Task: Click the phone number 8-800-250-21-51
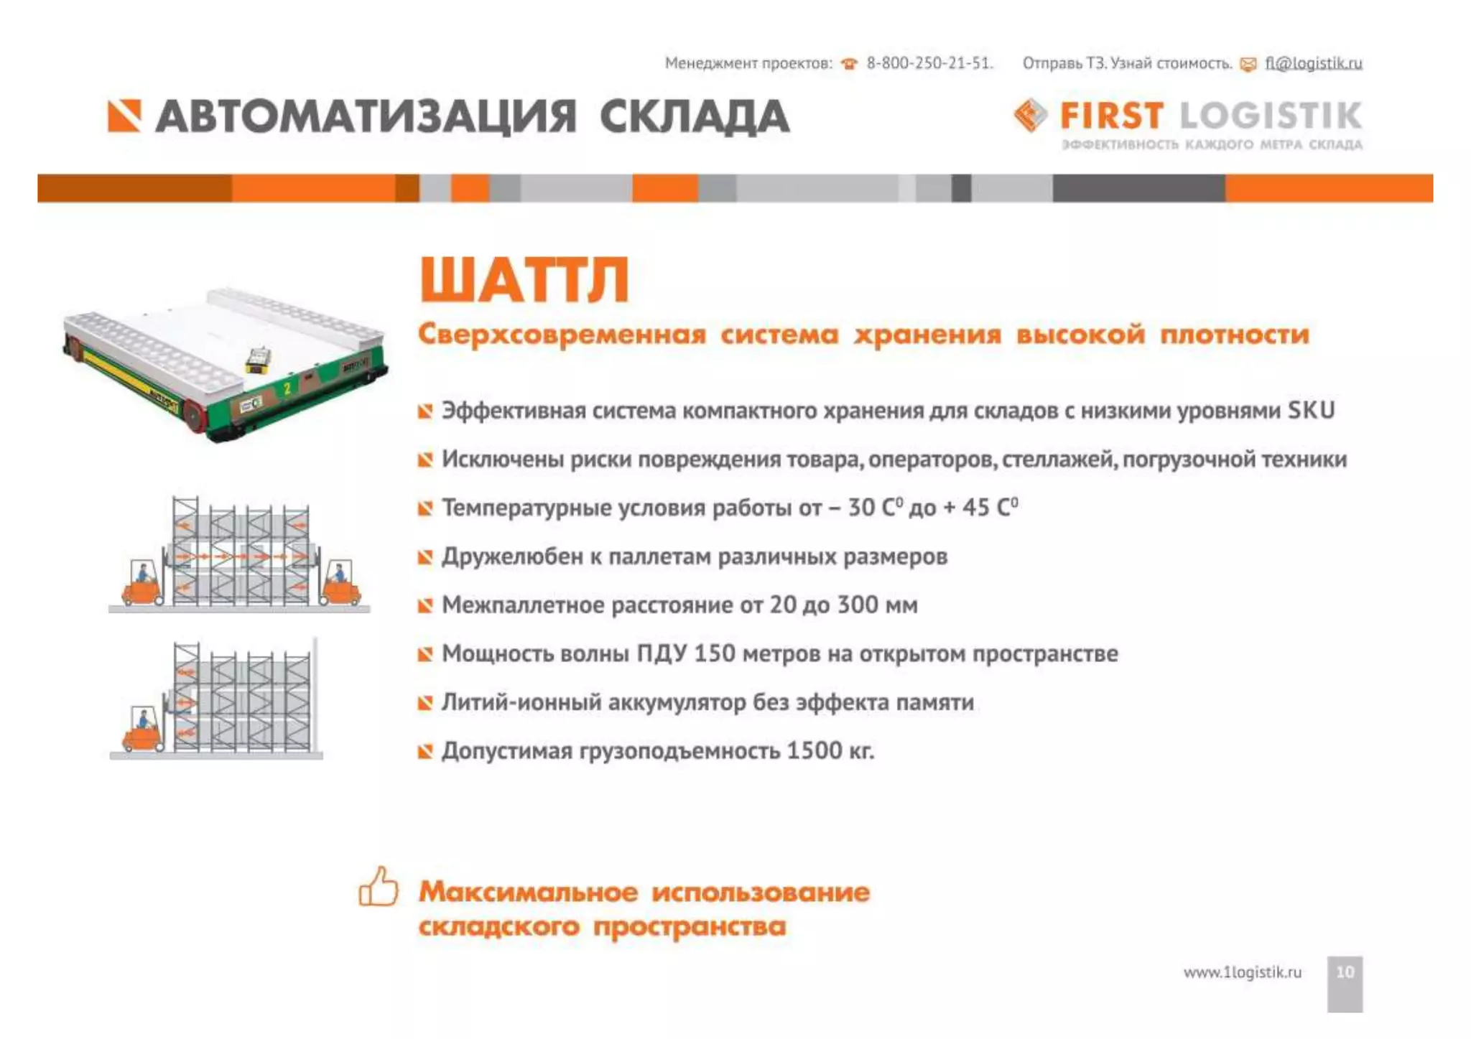coord(928,63)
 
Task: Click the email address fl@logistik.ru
coord(1313,63)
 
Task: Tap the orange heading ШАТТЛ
coord(524,280)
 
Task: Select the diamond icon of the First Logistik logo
coord(1030,116)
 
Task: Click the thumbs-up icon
coord(379,887)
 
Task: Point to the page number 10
coord(1345,972)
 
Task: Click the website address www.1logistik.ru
coord(1242,972)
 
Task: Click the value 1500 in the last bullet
coord(815,751)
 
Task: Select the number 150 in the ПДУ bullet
coord(715,653)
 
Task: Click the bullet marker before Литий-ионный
coord(425,702)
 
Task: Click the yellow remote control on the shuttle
coord(259,358)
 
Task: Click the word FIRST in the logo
coord(1111,116)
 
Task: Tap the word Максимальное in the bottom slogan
coord(528,892)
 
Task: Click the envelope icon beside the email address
coord(1248,65)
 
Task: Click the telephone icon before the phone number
coord(849,64)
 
